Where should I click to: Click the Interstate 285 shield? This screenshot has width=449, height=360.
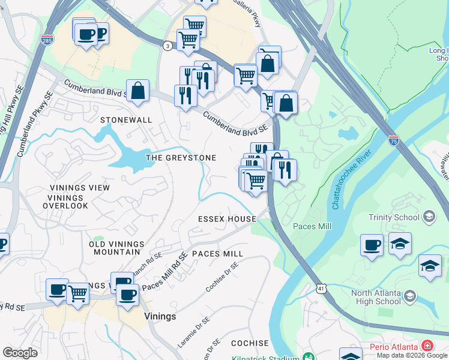coord(47,40)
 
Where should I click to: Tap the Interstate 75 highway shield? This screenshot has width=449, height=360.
coord(393,140)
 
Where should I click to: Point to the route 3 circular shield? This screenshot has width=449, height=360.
coord(166,45)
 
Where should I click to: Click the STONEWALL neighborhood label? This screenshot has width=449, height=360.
coord(126,120)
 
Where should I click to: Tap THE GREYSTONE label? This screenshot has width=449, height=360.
coord(181,158)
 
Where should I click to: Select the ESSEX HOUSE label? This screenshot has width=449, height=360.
coord(228,219)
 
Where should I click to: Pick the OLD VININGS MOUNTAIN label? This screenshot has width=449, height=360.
coord(116,248)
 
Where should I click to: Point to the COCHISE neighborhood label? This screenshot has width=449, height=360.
coord(250,343)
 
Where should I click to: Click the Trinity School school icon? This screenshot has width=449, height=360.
coord(429,215)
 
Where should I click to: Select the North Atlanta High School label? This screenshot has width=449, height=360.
coord(376,297)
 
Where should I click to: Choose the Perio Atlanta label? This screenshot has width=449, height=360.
coord(394,347)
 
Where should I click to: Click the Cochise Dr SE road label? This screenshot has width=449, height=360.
coord(221,280)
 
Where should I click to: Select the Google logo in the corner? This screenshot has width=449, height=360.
coord(20,352)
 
